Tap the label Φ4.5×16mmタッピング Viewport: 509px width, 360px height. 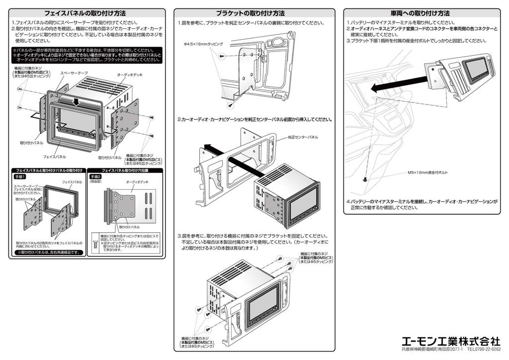pyautogui.click(x=203, y=44)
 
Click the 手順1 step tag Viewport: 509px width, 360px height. pyautogui.click(x=20, y=177)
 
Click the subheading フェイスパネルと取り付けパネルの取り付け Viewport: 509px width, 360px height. pyautogui.click(x=49, y=170)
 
